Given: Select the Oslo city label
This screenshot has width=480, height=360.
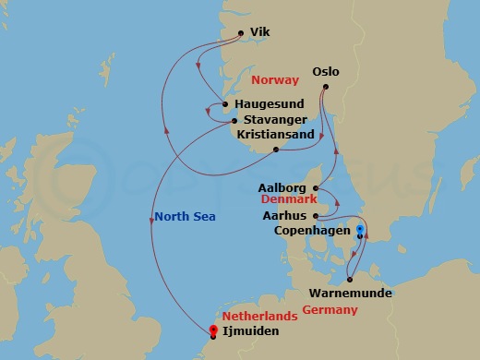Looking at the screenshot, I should [327, 70].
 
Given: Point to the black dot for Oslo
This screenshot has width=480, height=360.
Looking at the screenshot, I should [325, 89].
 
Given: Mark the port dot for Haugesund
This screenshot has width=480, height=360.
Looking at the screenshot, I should [225, 104].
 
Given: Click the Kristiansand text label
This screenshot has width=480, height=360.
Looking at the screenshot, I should [276, 134].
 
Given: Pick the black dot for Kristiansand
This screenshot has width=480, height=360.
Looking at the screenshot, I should [276, 150].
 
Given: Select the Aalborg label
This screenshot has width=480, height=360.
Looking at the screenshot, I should [284, 186].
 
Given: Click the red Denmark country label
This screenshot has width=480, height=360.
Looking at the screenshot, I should [288, 199].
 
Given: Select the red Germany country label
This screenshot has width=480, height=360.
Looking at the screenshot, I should [329, 310].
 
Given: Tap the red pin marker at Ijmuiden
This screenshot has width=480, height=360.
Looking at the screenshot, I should [213, 330].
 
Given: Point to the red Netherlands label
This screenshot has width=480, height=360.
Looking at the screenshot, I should [266, 315].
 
